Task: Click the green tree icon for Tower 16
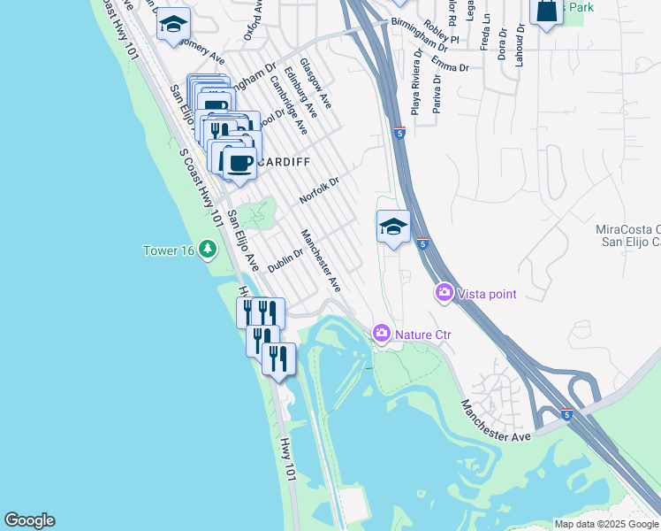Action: pyautogui.click(x=208, y=250)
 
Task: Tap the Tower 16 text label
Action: pyautogui.click(x=168, y=250)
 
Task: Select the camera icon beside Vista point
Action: pyautogui.click(x=444, y=291)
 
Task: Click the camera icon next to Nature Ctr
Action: pyautogui.click(x=382, y=333)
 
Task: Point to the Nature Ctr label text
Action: pyautogui.click(x=423, y=335)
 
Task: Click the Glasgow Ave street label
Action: pyautogui.click(x=315, y=83)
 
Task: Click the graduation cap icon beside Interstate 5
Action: pyautogui.click(x=393, y=227)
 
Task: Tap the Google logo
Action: pyautogui.click(x=29, y=520)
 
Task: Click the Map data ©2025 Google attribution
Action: pyautogui.click(x=605, y=524)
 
